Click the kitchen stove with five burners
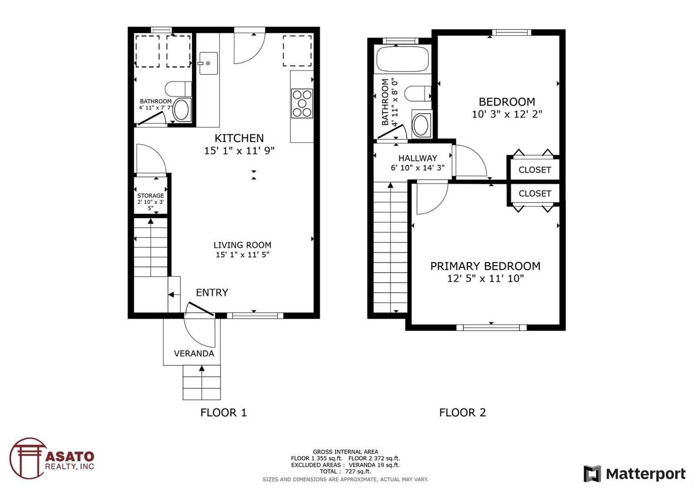point(302,103)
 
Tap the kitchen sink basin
point(208,63)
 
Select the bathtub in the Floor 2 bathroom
point(402,59)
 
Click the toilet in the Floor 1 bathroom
point(178,89)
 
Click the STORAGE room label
point(151,196)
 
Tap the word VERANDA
point(194,354)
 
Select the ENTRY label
point(212,293)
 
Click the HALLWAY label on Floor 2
point(418,158)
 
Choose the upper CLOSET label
point(534,170)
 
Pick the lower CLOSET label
point(534,193)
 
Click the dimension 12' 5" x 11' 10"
point(486,279)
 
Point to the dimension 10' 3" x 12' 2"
point(507,114)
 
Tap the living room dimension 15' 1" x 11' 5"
point(243,255)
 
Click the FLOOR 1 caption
point(223,413)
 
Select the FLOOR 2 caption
point(463,413)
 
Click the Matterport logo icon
point(592,474)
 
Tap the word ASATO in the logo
point(70,457)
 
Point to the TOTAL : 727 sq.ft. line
point(345,471)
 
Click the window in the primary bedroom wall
point(492,327)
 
